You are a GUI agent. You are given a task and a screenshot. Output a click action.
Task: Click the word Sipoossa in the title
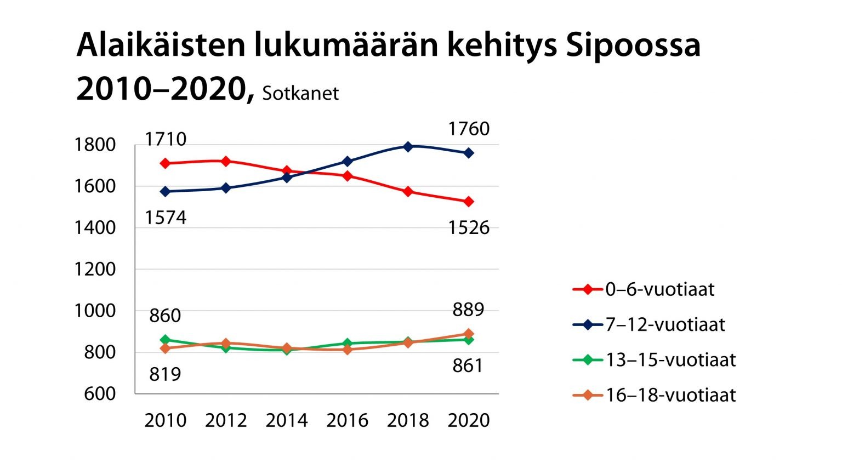click(633, 46)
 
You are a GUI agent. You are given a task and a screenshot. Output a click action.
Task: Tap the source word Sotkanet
click(300, 94)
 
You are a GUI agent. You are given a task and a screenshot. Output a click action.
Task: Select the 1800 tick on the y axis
click(95, 145)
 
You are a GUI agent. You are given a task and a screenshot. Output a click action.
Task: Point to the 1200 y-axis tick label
click(95, 269)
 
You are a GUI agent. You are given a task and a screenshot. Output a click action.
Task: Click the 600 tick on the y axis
click(100, 393)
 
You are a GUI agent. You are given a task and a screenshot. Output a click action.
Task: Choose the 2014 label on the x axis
click(287, 420)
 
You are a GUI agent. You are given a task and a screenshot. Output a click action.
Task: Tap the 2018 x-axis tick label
click(408, 420)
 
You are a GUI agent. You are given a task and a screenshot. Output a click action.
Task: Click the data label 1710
click(166, 139)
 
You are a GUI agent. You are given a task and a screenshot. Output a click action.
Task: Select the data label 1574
click(166, 218)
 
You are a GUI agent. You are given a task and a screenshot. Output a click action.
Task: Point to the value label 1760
click(469, 129)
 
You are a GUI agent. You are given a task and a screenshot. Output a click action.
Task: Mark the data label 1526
click(469, 228)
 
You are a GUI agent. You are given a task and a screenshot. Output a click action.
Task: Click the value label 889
click(469, 310)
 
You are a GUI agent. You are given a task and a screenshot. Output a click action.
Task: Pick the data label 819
click(165, 374)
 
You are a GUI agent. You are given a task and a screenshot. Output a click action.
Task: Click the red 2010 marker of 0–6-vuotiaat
click(166, 163)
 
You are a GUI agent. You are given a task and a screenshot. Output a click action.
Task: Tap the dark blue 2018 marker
click(408, 147)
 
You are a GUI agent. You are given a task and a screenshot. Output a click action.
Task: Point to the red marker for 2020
click(469, 202)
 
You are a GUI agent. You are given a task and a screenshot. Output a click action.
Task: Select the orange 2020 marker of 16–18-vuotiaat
click(469, 334)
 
